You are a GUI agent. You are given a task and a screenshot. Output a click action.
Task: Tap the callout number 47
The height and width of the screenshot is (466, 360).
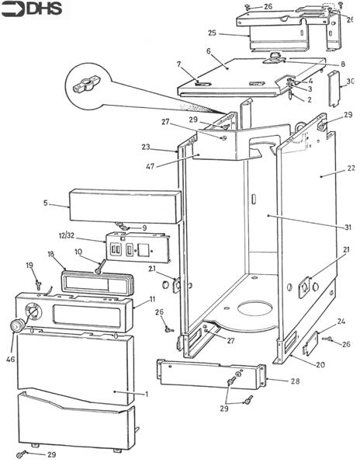151,166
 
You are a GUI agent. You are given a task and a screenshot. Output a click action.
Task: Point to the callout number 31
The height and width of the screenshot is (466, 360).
348,228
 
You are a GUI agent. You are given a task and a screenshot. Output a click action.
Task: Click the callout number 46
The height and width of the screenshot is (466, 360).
10,360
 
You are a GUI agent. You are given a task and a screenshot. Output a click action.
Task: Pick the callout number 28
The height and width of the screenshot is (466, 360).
295,381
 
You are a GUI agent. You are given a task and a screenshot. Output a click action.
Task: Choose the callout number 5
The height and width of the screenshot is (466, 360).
46,203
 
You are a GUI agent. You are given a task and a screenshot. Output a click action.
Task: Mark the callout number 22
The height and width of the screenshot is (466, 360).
351,168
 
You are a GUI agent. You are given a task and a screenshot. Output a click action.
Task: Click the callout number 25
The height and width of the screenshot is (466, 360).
213,33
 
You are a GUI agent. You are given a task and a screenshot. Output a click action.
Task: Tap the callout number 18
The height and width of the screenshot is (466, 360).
52,254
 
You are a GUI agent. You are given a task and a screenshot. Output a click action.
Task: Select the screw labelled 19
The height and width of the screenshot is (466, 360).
38,285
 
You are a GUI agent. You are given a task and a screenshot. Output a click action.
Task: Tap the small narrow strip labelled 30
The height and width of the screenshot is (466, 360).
334,89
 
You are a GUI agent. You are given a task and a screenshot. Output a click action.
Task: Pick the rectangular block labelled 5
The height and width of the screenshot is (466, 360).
125,207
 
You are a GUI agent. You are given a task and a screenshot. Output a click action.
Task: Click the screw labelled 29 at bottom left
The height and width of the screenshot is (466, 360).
22,454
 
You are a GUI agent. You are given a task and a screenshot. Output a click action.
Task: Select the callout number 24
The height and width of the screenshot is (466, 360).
341,322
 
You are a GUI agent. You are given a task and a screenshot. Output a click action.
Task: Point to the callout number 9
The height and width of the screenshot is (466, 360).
144,228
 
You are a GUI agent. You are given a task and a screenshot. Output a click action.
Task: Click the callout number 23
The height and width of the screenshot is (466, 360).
146,147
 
